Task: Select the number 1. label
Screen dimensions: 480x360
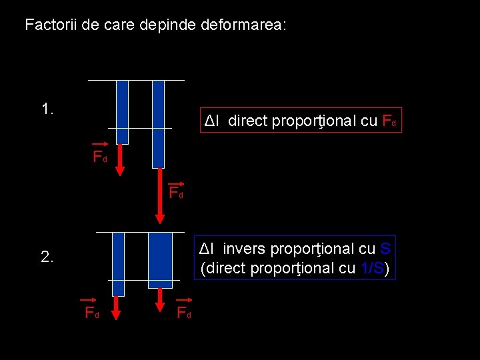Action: [x=47, y=109]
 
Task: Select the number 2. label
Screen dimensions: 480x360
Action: [x=47, y=257]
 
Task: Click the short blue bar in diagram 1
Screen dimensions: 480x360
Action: [x=122, y=111]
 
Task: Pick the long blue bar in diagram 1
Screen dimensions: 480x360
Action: [x=158, y=123]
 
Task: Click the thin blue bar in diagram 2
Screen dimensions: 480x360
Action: [x=118, y=263]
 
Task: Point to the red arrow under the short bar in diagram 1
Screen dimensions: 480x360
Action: [x=121, y=161]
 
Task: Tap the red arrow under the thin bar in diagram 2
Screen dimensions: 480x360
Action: [x=115, y=307]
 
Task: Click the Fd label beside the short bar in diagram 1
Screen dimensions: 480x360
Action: [x=99, y=157]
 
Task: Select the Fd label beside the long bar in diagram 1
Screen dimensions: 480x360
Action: [x=176, y=193]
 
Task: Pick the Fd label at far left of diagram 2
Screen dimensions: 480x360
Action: [x=91, y=313]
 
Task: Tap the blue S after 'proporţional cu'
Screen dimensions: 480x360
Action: [x=385, y=249]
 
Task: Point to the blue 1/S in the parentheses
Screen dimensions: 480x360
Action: [x=370, y=269]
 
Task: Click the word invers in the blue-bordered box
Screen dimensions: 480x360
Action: [x=243, y=249]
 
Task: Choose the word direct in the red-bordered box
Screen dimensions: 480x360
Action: [x=247, y=121]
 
